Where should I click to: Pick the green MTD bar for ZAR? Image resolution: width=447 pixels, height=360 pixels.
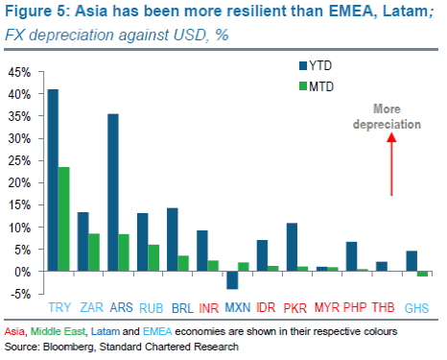pos(94,252)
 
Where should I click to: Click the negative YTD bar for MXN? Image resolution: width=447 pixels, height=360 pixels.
pos(230,280)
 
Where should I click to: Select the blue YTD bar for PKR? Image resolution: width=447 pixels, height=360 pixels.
pos(292,248)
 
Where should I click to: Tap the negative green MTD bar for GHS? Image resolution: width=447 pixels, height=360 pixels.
pos(422,275)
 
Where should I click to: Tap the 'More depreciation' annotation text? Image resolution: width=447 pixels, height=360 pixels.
pos(388,118)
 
